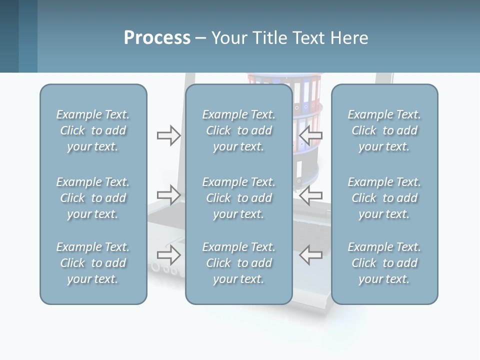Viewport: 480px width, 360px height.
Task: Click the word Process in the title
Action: click(157, 38)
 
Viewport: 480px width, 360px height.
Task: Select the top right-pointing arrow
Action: click(169, 135)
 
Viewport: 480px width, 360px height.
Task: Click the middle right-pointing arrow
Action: click(169, 194)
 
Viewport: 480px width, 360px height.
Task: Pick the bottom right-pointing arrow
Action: click(169, 255)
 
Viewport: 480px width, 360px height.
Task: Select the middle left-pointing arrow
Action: click(310, 194)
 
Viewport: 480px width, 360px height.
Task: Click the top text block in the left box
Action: click(93, 130)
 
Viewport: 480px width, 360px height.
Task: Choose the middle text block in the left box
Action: click(93, 198)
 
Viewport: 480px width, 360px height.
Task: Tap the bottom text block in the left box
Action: click(93, 263)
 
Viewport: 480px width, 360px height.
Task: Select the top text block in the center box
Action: click(239, 130)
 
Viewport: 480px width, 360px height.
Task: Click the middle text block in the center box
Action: click(239, 198)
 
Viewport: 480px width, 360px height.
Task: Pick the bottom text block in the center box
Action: click(239, 263)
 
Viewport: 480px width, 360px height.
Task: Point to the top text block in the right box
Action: click(384, 130)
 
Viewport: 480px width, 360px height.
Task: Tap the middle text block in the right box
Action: click(384, 198)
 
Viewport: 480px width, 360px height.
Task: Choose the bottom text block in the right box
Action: click(384, 263)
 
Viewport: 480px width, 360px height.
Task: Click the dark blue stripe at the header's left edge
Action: click(9, 36)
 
